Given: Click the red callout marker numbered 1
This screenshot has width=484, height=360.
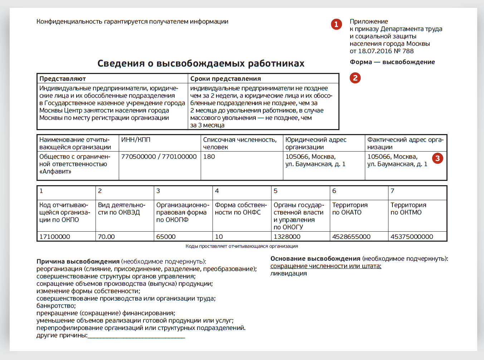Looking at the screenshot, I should pos(336,24).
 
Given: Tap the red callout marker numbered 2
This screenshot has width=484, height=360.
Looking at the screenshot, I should pos(355,78).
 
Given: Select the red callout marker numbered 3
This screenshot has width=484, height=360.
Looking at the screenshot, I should pos(437,158).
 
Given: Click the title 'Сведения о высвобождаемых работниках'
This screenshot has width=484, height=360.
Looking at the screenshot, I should pos(201,64).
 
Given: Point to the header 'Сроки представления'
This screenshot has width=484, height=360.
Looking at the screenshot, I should pos(225,79).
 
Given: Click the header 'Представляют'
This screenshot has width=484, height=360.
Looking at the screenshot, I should pos(63,79).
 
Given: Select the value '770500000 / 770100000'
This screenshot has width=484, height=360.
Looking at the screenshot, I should pos(159,157).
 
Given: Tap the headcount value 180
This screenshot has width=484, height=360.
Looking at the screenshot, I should pos(209,157).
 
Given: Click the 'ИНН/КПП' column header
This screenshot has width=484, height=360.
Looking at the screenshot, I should pos(136,140).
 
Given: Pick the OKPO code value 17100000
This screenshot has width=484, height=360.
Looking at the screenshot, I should pos(54,237).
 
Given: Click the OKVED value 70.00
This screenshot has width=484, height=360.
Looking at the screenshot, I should pos(106,237).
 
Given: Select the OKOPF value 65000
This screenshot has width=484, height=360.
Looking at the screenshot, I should pos(166,237).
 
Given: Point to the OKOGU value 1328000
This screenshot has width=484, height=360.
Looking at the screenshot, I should pos(287,237).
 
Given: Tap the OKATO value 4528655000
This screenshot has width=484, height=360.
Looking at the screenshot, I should pos(351,237).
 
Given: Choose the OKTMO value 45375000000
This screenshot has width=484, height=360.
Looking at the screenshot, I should pos(412,237).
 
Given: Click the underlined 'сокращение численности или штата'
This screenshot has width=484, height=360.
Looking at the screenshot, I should pos(326,266).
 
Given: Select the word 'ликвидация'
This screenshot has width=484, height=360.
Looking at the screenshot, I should pos(288,274).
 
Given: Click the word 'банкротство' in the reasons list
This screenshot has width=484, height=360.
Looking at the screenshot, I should pos(56,306).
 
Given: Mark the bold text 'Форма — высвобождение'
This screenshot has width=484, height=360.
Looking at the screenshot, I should pos(392,62).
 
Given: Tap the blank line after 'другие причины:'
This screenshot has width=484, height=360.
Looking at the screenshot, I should pos(136,336).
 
